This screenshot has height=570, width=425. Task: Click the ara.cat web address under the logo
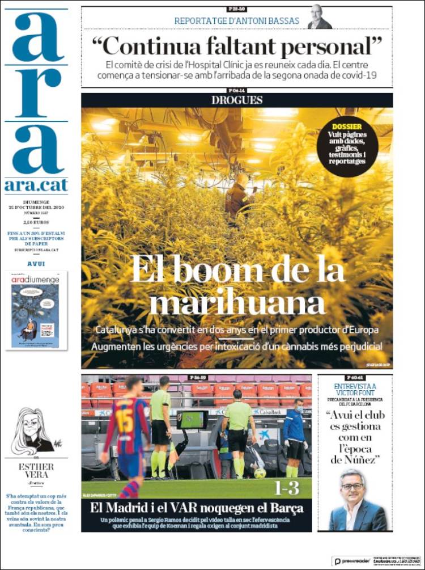click(36, 185)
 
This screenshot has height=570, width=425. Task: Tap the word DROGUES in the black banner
click(237, 100)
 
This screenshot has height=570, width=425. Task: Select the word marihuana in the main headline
click(237, 303)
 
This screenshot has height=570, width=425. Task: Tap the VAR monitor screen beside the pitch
click(192, 420)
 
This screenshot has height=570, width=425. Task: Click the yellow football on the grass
click(260, 473)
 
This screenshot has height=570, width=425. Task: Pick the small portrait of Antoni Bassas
click(320, 18)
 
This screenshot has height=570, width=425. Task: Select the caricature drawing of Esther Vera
click(32, 431)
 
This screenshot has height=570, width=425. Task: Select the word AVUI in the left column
click(36, 264)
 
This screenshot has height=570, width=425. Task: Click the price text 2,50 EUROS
click(36, 222)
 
